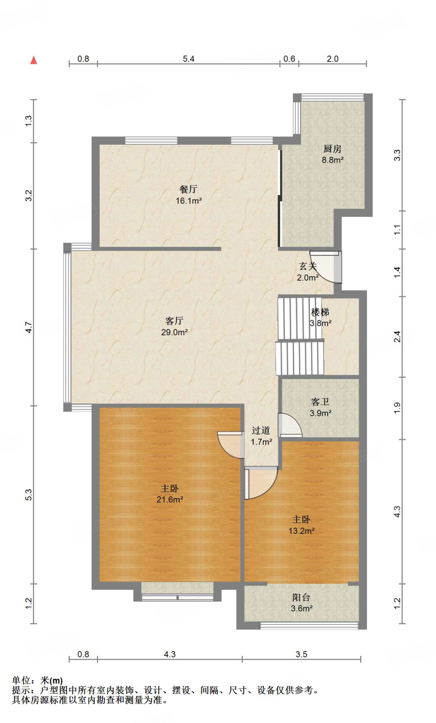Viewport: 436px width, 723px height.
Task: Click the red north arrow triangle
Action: pyautogui.click(x=34, y=60)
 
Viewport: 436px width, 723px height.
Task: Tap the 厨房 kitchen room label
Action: pyautogui.click(x=332, y=149)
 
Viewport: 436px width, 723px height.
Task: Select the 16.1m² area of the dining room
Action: pyautogui.click(x=189, y=201)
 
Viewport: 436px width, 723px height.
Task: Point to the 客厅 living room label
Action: pyautogui.click(x=174, y=321)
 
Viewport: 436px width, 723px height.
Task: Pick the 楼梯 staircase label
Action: pyautogui.click(x=320, y=312)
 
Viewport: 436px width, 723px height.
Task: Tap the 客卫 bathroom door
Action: pyautogui.click(x=290, y=425)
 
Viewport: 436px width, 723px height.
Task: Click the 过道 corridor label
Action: pyautogui.click(x=261, y=430)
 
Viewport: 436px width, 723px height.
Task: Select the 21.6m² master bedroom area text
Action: pyautogui.click(x=170, y=500)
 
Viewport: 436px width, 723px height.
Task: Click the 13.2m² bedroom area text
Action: pyautogui.click(x=301, y=531)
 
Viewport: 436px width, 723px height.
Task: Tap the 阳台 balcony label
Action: pyautogui.click(x=301, y=597)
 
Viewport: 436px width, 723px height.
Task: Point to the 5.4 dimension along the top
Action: pyautogui.click(x=189, y=59)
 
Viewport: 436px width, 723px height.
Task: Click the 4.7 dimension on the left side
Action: pyautogui.click(x=29, y=327)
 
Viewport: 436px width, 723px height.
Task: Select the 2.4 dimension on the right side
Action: pyautogui.click(x=397, y=336)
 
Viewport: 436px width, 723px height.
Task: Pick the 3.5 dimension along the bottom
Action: pyautogui.click(x=301, y=654)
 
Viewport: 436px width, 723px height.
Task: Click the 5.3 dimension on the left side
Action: pyautogui.click(x=29, y=495)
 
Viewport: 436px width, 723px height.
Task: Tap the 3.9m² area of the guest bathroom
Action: pyautogui.click(x=320, y=413)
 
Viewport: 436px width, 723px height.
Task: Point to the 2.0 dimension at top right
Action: pyautogui.click(x=332, y=59)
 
